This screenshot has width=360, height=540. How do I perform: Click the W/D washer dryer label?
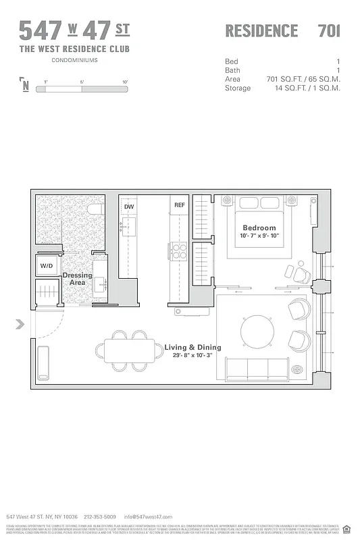tap(46, 266)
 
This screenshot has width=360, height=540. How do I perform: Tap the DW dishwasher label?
tap(128, 205)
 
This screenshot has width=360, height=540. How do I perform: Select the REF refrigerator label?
tap(179, 205)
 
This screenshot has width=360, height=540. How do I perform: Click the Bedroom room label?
tap(259, 227)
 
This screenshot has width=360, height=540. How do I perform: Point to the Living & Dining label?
tap(192, 348)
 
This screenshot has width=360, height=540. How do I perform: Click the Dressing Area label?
tap(77, 279)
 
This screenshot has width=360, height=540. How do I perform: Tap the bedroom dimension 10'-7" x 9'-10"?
tap(259, 237)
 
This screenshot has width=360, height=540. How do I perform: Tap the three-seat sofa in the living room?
tap(258, 369)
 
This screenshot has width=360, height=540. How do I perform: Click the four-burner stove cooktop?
tap(179, 251)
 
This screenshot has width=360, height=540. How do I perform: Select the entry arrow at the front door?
tap(20, 325)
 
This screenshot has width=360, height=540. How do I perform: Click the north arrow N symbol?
tap(25, 86)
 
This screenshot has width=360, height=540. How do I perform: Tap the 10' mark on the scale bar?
tap(125, 81)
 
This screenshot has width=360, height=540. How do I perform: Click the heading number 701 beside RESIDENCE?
tap(329, 30)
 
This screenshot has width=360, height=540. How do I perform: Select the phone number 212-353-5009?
tap(100, 516)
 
